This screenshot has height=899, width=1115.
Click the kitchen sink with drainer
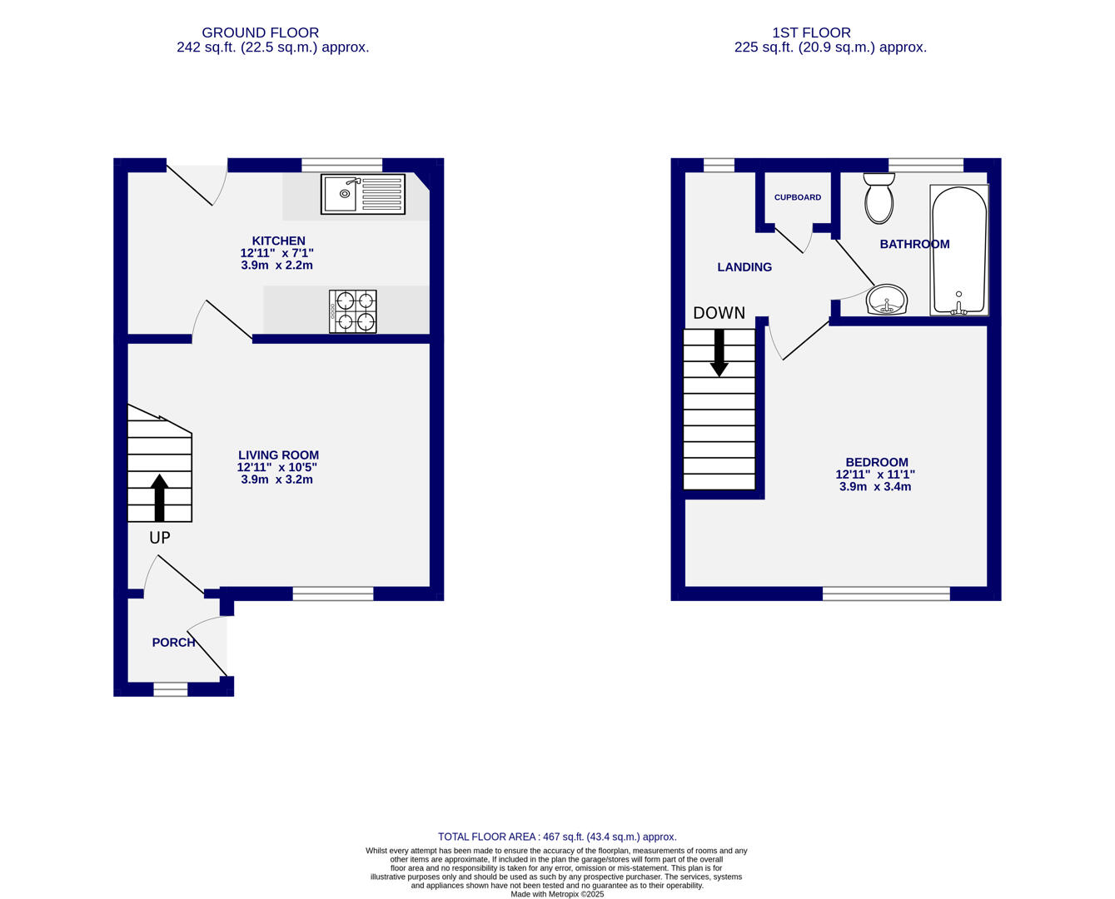click(362, 194)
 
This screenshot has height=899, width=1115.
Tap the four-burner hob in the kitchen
click(352, 311)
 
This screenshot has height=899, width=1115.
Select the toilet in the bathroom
click(879, 199)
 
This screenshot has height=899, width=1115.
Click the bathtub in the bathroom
click(958, 250)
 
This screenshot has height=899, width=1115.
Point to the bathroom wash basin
click(887, 300)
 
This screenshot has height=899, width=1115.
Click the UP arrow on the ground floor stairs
click(159, 497)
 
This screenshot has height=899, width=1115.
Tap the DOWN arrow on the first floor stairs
click(719, 353)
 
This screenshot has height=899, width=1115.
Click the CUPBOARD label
click(797, 197)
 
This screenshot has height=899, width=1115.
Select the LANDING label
click(744, 267)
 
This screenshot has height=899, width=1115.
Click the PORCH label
click(173, 643)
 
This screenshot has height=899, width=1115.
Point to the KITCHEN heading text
click(278, 241)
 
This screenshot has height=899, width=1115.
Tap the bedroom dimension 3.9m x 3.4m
click(874, 486)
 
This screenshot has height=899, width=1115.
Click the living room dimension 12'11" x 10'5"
click(277, 468)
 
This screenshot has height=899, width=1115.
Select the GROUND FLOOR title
click(260, 33)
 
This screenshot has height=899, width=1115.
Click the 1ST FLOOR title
click(811, 33)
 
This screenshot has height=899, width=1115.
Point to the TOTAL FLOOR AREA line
click(557, 837)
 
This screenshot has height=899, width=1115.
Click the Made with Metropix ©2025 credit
click(557, 894)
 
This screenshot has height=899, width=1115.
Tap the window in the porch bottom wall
click(171, 688)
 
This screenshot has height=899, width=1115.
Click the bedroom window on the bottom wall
click(886, 594)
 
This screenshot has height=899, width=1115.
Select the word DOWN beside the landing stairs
click(719, 313)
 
